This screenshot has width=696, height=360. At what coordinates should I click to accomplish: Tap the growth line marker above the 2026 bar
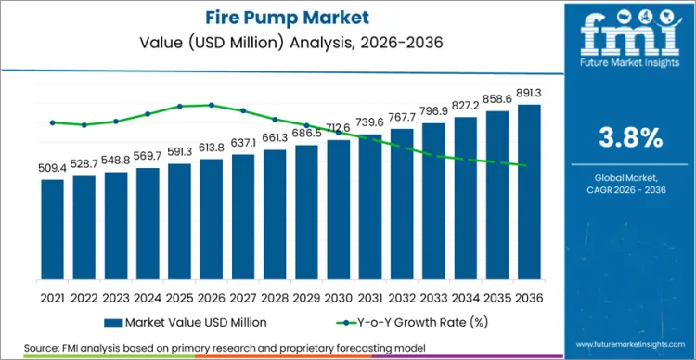[212, 105]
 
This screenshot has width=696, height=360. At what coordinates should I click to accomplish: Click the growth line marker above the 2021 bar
[53, 122]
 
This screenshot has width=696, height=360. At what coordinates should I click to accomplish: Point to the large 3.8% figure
[630, 138]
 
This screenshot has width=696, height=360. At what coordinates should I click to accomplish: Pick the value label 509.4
[53, 169]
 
